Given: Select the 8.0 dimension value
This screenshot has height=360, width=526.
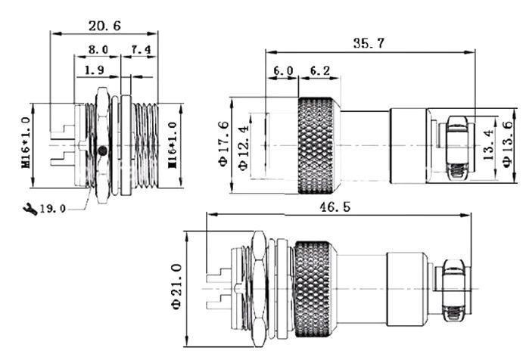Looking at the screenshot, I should click(x=98, y=50).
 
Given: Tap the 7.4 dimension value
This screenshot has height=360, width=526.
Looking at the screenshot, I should click(x=141, y=50).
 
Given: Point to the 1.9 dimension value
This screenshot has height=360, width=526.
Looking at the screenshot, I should click(x=95, y=70).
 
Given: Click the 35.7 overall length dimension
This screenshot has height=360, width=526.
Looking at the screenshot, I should click(x=369, y=43).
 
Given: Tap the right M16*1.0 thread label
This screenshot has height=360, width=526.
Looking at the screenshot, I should click(x=173, y=144).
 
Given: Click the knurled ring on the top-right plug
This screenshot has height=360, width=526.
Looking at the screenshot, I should click(x=318, y=144).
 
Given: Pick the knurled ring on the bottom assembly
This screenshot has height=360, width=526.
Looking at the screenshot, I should click(x=312, y=288).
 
